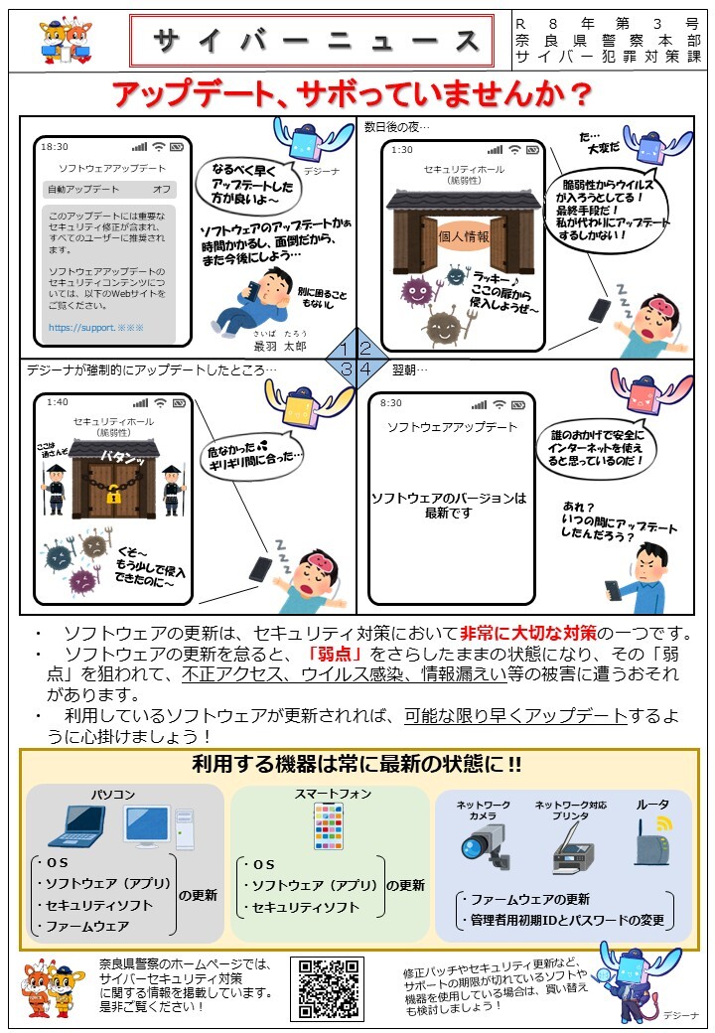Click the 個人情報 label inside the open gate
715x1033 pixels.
click(x=464, y=237)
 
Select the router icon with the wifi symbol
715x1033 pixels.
click(x=652, y=843)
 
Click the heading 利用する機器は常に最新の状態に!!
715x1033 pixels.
click(x=357, y=765)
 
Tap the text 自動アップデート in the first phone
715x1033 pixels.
click(x=83, y=189)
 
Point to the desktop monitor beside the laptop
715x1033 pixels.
click(x=146, y=825)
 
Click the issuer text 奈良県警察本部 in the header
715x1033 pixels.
click(x=608, y=40)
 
